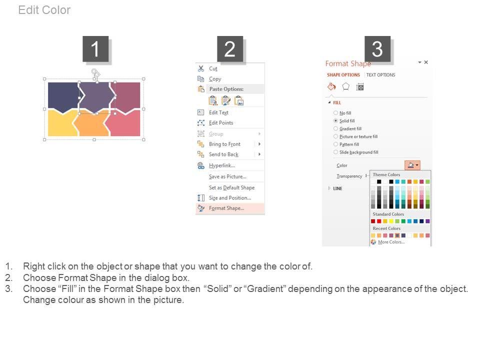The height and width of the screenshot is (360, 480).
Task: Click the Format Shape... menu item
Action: pos(226,208)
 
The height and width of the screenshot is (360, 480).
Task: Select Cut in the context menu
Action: pos(213,68)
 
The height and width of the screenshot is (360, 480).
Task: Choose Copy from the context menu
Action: pos(215,79)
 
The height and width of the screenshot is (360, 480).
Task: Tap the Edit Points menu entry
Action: pos(221,123)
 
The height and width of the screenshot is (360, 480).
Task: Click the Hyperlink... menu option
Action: pos(222,165)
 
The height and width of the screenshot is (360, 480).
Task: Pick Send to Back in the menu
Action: pos(223,154)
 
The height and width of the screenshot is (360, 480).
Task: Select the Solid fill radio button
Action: pos(336,121)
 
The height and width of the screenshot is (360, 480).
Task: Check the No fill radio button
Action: pos(336,113)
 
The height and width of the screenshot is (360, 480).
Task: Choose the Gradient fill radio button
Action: pos(336,128)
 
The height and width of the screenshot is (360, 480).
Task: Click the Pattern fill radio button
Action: pos(336,144)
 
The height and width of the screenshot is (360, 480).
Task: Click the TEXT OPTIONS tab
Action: pos(380,74)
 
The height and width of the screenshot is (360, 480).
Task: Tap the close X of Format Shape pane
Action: pos(426,62)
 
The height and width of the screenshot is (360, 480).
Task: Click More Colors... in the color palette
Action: pos(391,242)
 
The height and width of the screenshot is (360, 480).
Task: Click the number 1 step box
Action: pos(95,49)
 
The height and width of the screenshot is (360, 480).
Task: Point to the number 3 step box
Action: pos(377,49)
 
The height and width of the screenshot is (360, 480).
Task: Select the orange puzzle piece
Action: pos(91,124)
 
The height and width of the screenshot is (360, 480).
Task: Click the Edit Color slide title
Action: pos(44,10)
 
